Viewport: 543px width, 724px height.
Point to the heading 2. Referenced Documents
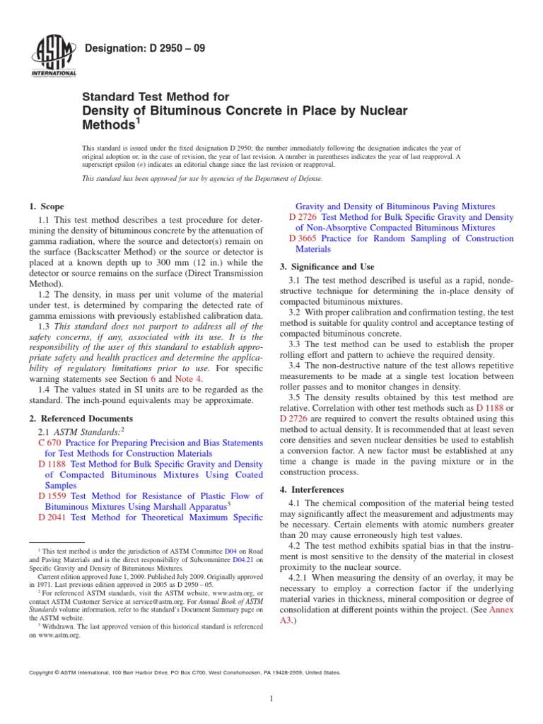pyautogui.click(x=81, y=419)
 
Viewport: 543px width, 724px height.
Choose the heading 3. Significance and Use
pyautogui.click(x=327, y=267)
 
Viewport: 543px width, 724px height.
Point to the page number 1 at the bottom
pyautogui.click(x=271, y=699)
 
